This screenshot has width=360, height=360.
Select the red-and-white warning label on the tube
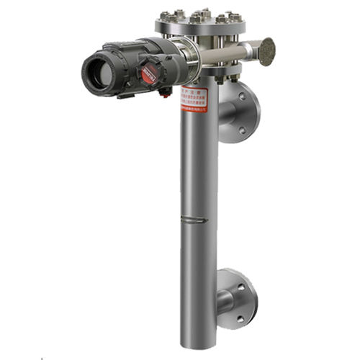194,100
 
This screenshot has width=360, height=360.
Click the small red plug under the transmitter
165,93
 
